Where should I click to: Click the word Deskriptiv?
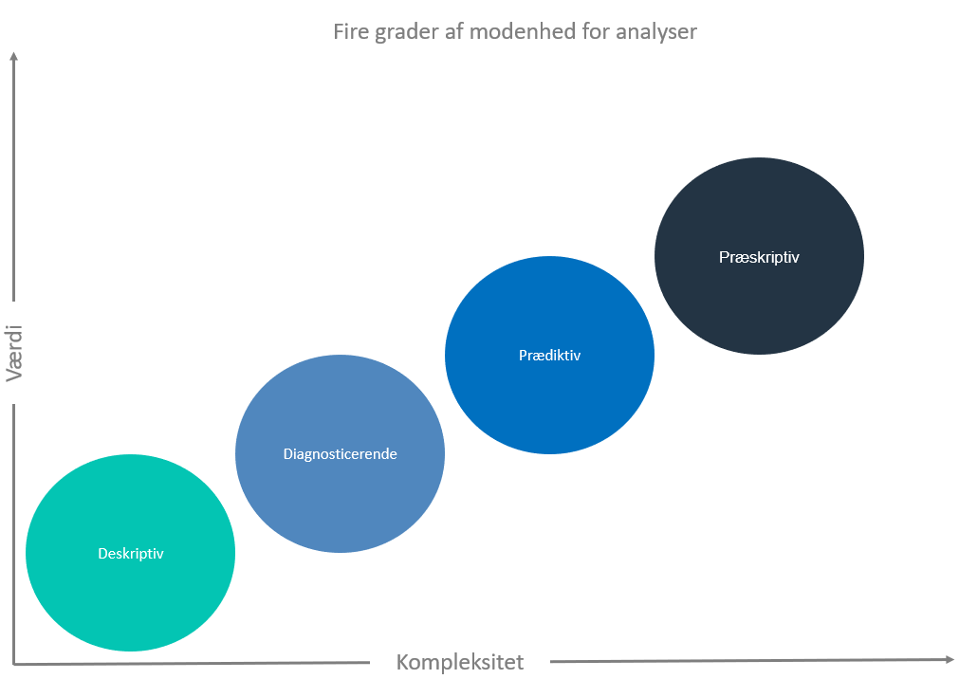click(x=131, y=554)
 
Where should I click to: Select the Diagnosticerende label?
click(x=340, y=454)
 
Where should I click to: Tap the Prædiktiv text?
click(x=549, y=356)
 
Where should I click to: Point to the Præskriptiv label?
click(x=759, y=257)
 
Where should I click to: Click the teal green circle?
click(x=130, y=553)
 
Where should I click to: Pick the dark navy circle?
click(x=759, y=256)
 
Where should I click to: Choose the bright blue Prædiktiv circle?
click(x=549, y=355)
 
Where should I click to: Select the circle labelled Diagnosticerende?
click(x=340, y=454)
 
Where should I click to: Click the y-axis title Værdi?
click(x=14, y=354)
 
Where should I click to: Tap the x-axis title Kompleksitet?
click(x=460, y=663)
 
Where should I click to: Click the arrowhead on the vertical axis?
click(x=13, y=56)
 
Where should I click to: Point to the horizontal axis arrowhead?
click(x=950, y=659)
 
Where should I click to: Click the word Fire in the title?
click(x=351, y=31)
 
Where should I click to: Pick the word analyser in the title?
click(x=656, y=32)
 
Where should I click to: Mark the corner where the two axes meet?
click(x=13, y=664)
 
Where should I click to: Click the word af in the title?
click(x=453, y=31)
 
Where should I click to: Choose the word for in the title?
click(x=596, y=31)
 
